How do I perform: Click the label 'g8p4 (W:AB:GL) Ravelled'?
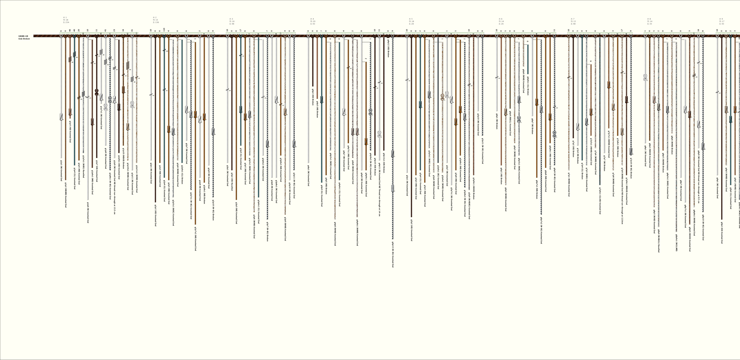pos(658,241)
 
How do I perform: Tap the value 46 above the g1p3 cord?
pos(70,30)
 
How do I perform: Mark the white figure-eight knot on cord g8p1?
pos(645,78)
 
